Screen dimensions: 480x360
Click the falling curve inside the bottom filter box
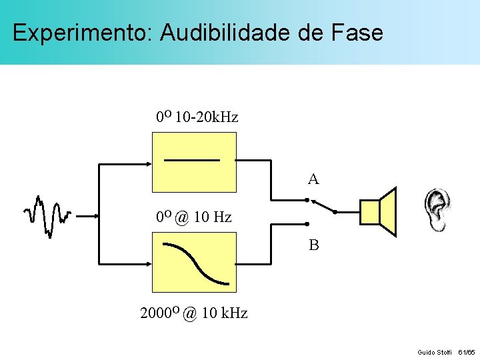[x=196, y=263]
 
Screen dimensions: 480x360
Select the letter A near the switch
[x=313, y=179]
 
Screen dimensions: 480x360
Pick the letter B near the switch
[x=313, y=245]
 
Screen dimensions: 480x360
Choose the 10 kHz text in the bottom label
[x=224, y=313]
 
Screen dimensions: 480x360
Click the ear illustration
[x=438, y=210]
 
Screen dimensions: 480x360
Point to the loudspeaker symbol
[x=379, y=212]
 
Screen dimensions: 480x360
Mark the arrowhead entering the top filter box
[x=148, y=162]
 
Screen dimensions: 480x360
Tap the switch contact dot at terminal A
[x=307, y=200]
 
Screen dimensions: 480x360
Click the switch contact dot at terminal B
[x=307, y=224]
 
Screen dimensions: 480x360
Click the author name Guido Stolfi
[x=435, y=351]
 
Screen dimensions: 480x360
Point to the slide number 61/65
[x=466, y=351]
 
